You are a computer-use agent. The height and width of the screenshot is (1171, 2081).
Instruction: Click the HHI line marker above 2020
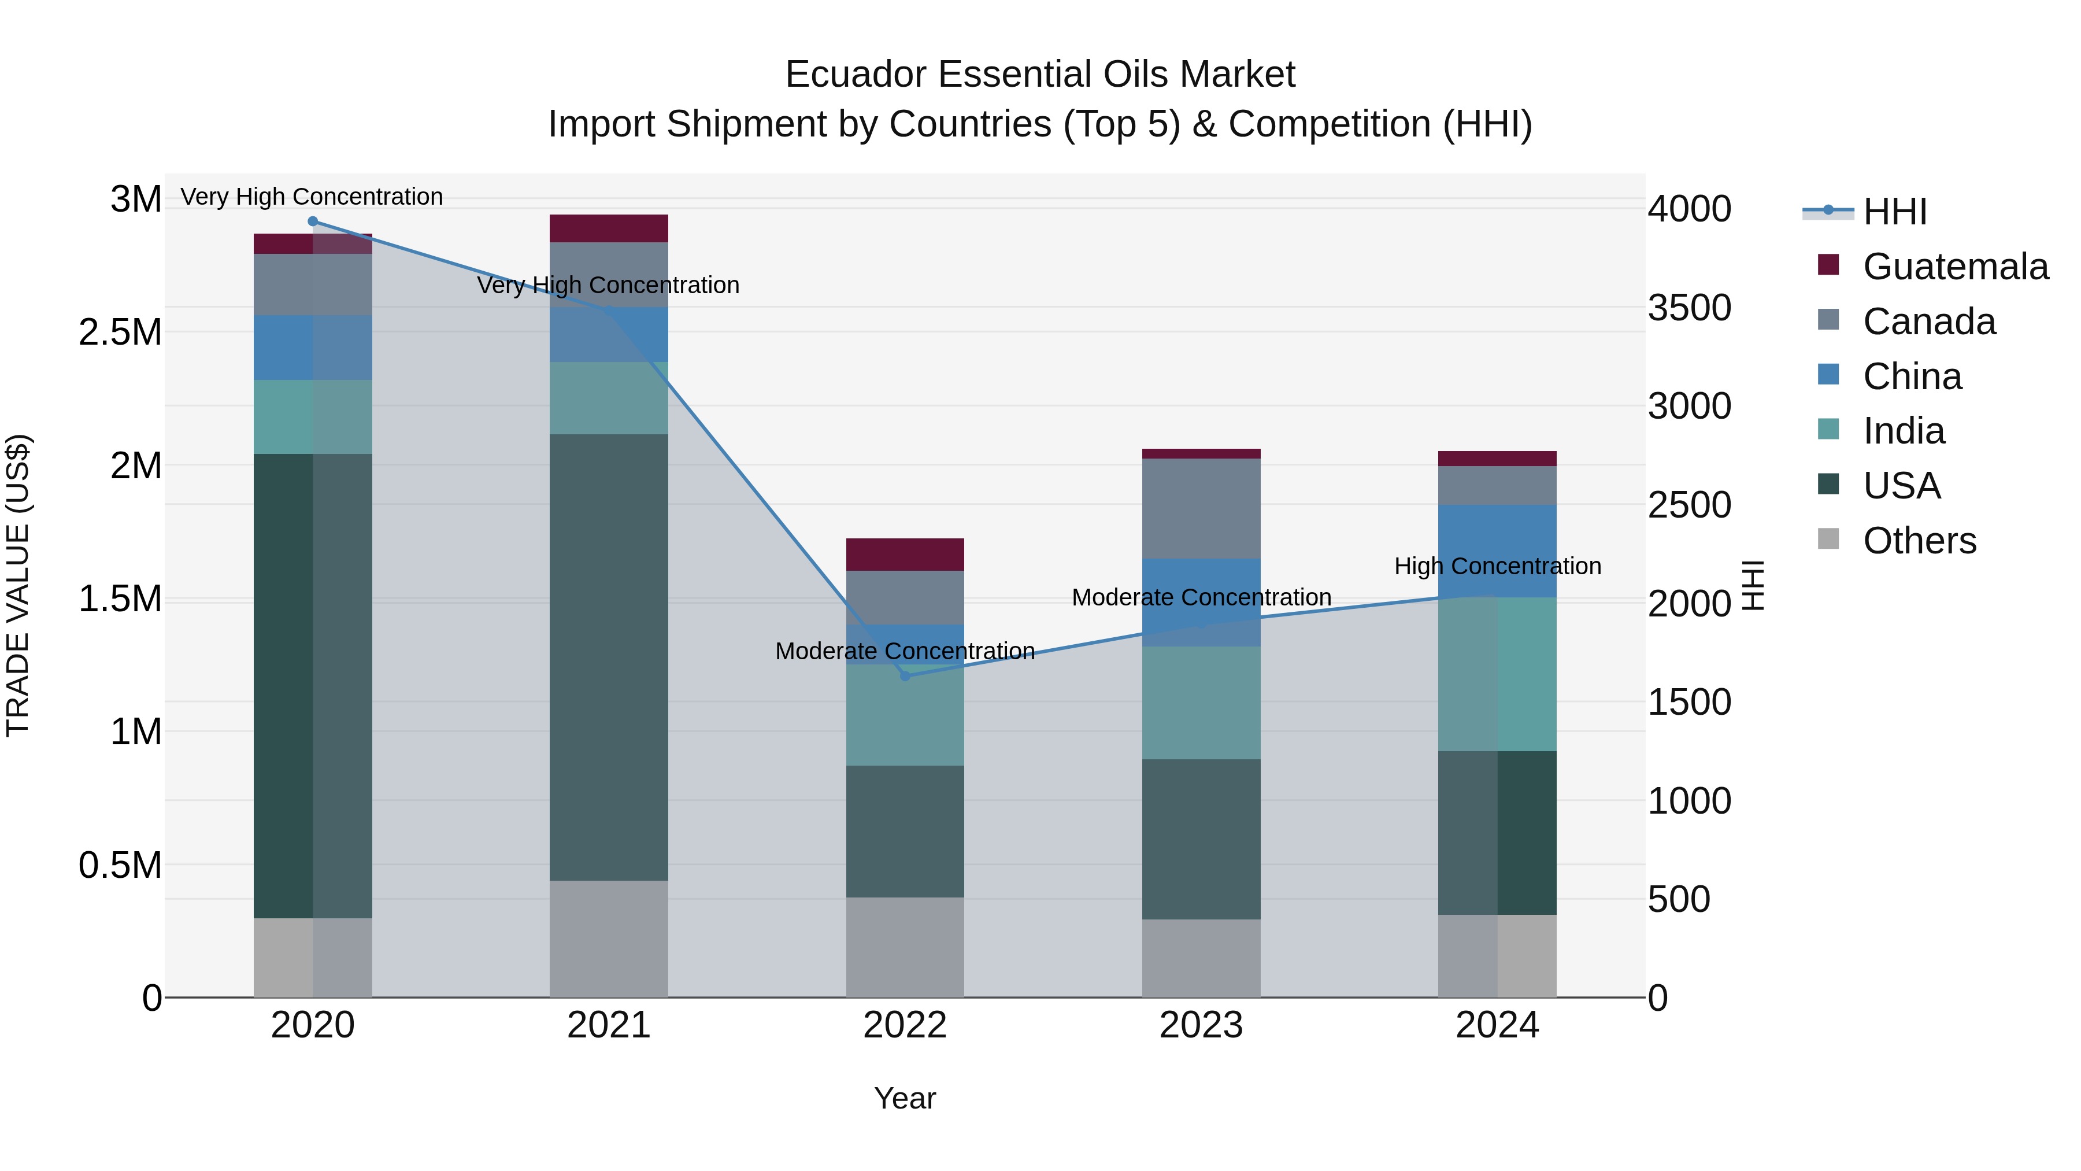click(x=313, y=221)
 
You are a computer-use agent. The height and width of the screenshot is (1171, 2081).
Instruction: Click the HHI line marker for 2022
click(x=905, y=675)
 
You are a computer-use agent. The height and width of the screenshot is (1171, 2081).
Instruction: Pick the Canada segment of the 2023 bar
click(x=1201, y=508)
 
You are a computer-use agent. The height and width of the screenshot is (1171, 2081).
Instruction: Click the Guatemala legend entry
click(x=1955, y=267)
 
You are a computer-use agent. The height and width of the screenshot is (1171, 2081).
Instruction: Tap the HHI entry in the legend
click(x=1894, y=212)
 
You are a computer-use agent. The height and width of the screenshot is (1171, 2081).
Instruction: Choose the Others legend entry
click(x=1919, y=541)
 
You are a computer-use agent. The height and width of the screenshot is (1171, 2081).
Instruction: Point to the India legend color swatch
click(x=1828, y=429)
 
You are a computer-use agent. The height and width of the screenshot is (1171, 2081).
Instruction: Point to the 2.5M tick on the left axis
click(x=120, y=332)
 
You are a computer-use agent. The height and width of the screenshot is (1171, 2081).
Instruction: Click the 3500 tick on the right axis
click(x=1689, y=307)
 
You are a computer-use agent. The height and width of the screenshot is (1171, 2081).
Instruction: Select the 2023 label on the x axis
click(x=1201, y=1025)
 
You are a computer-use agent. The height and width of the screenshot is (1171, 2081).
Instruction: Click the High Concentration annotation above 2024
click(x=1497, y=566)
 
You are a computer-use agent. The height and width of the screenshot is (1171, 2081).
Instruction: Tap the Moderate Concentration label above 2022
click(x=905, y=651)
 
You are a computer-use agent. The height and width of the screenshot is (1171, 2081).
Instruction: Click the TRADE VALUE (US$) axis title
click(x=18, y=585)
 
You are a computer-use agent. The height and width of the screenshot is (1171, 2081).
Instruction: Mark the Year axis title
click(x=905, y=1098)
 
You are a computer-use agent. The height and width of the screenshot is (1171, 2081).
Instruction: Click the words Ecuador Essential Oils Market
click(x=1040, y=75)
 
